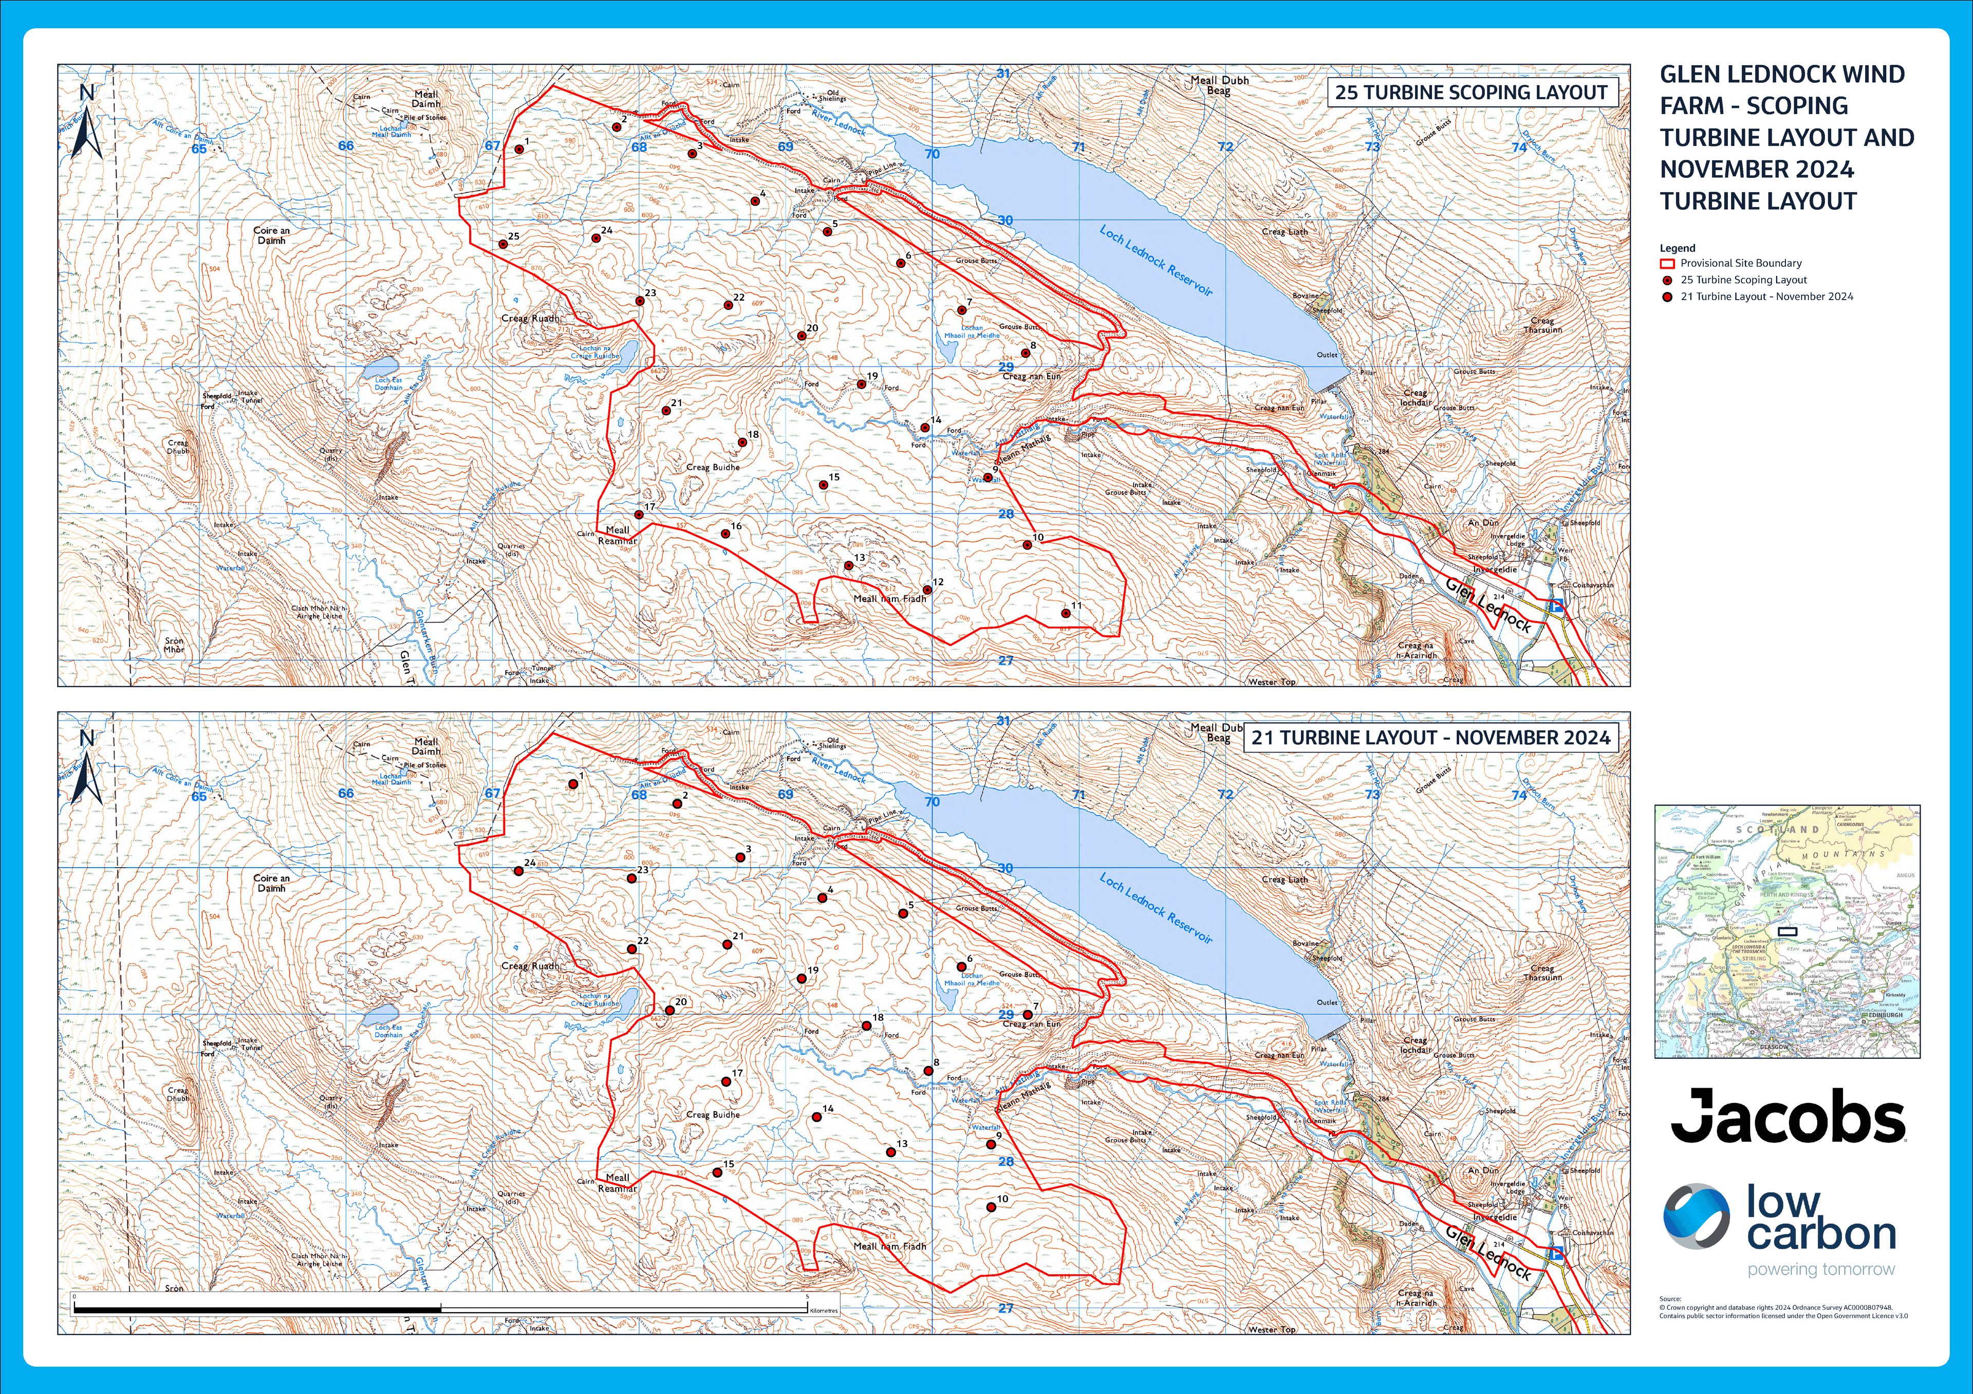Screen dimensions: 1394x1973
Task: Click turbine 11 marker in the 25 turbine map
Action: pos(1066,613)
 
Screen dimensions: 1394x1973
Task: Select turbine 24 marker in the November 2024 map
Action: pos(519,871)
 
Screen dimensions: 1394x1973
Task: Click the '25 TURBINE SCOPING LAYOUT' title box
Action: pos(1471,92)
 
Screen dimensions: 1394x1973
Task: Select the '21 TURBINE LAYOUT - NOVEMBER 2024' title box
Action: pos(1430,738)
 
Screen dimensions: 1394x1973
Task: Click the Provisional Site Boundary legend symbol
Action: pos(1667,264)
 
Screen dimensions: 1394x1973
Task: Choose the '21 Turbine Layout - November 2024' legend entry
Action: pos(1766,297)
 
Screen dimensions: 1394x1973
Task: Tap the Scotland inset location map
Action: pos(1786,931)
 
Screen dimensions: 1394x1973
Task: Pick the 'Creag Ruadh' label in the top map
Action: pos(529,318)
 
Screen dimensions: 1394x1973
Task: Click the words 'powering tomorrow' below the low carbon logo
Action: pos(1821,1270)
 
